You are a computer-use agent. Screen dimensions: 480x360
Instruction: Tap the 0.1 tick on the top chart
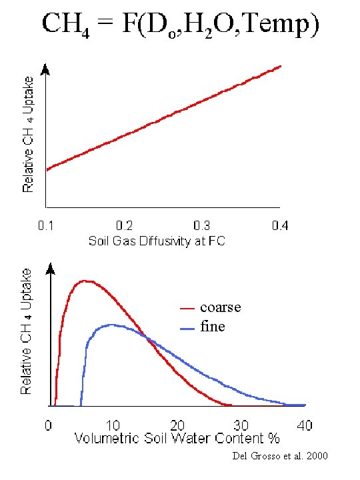coord(45,225)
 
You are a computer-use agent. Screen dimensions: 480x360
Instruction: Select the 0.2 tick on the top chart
coord(123,225)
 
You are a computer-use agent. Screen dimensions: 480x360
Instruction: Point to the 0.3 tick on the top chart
coord(202,225)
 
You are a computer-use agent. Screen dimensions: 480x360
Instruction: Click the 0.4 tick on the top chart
coord(281,225)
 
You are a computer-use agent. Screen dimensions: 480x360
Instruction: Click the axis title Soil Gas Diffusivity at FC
coord(157,241)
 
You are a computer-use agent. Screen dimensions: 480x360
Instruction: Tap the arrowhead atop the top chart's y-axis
coord(45,68)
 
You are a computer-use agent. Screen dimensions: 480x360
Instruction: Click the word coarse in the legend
coord(220,308)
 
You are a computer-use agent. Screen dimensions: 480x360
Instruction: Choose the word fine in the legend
coord(212,327)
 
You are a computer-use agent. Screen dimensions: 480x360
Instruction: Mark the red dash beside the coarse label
coord(188,309)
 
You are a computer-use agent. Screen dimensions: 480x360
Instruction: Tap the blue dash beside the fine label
coord(188,327)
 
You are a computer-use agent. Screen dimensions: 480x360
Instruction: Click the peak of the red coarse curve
coord(85,281)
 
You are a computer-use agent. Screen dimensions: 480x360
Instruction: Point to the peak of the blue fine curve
coord(112,325)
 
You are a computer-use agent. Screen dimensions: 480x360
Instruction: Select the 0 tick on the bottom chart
coord(49,425)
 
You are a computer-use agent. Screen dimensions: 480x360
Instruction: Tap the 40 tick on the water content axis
coord(305,425)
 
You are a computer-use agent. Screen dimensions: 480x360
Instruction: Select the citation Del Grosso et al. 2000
coord(279,456)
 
